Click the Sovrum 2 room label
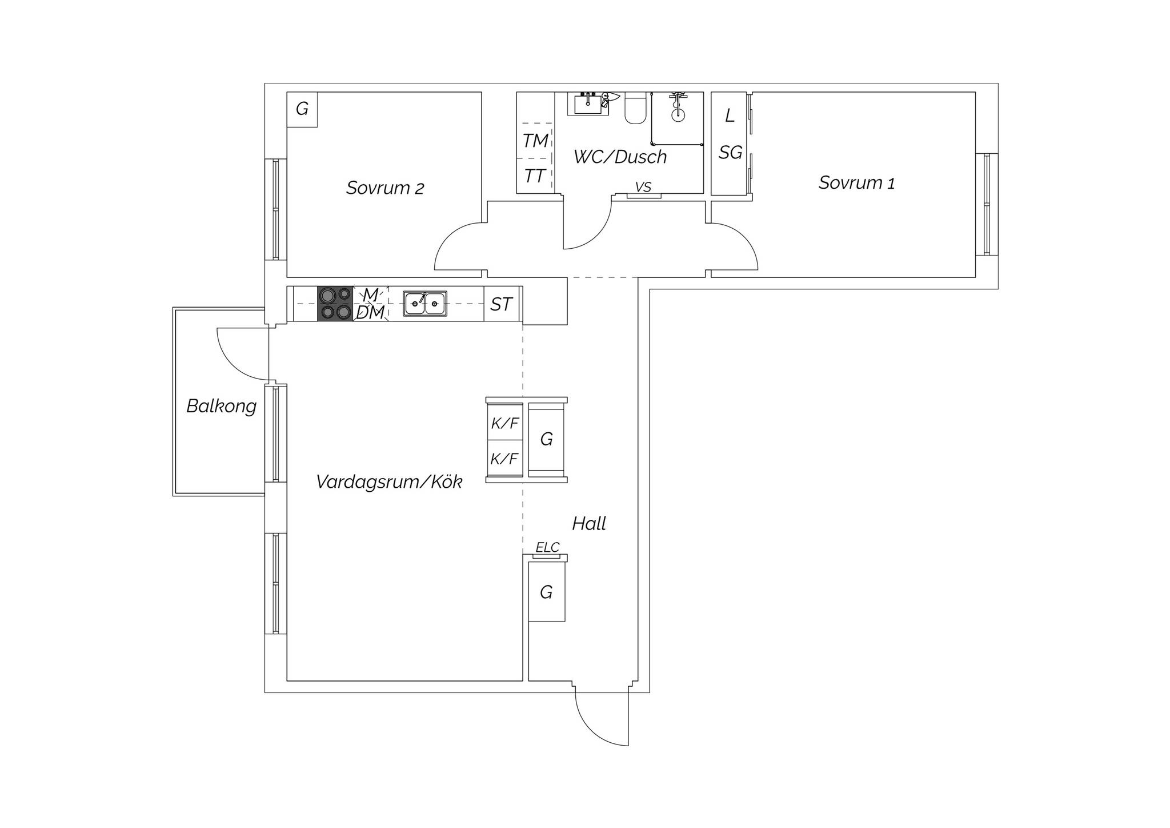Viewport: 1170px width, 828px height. (385, 188)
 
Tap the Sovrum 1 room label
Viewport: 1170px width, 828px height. (856, 182)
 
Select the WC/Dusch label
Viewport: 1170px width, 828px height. (620, 157)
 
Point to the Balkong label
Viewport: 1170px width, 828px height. (222, 406)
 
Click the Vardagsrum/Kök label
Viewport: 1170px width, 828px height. (389, 481)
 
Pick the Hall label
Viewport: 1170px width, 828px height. (589, 523)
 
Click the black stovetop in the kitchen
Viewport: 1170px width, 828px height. (335, 303)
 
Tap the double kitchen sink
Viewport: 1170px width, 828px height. (425, 303)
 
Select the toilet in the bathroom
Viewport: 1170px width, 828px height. (635, 108)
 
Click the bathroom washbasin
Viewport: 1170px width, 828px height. (588, 103)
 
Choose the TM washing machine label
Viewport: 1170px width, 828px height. (535, 141)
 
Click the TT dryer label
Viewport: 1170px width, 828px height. (535, 176)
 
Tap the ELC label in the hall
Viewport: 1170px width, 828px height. (547, 547)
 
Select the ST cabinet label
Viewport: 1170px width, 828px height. (501, 304)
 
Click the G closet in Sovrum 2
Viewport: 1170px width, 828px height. (302, 109)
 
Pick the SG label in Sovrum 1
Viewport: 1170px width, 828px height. (731, 153)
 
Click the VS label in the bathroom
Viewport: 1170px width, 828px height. (643, 187)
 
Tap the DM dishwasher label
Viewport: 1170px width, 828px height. (370, 313)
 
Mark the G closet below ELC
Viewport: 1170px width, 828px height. (547, 592)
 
